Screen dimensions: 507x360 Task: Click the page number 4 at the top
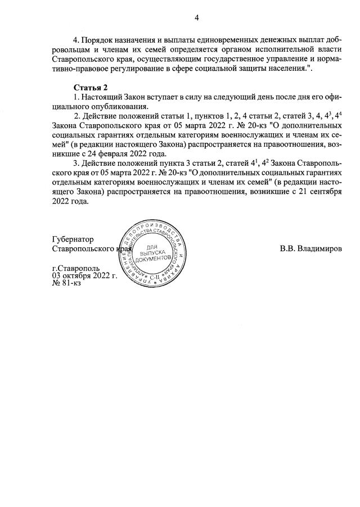coord(197,17)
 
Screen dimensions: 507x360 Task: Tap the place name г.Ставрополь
coord(75,269)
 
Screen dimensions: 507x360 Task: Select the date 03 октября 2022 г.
coord(84,276)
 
